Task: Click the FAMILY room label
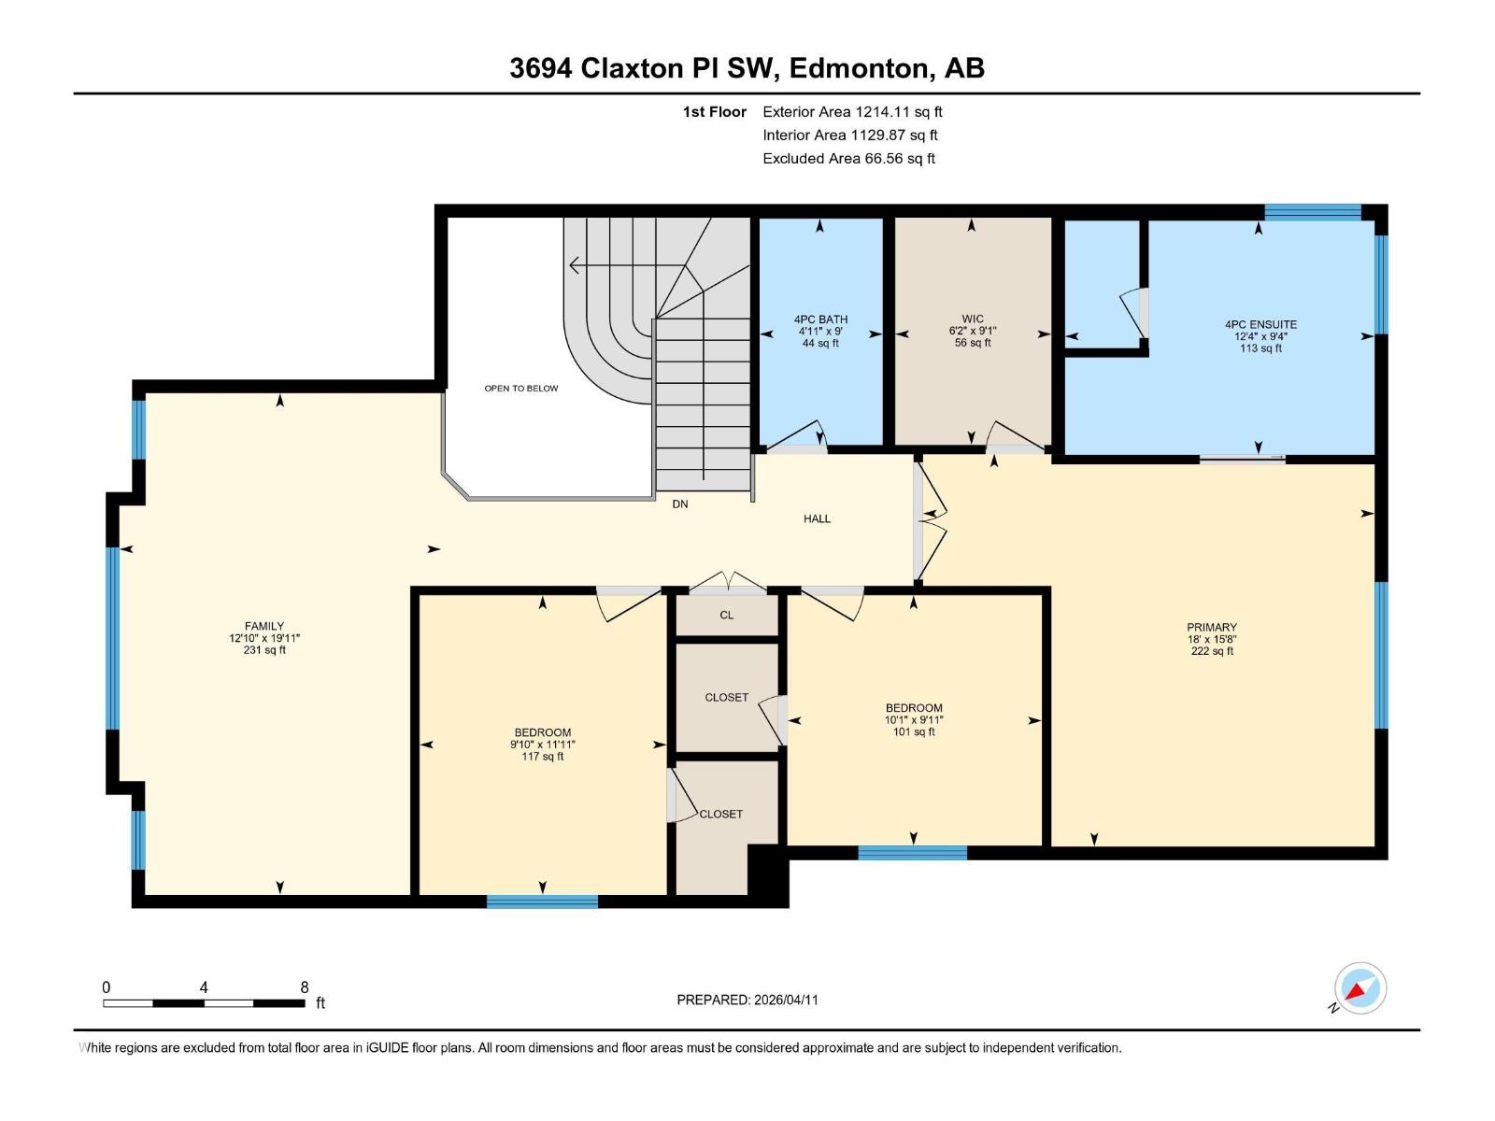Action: [x=264, y=627]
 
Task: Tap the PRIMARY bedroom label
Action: [x=1212, y=628]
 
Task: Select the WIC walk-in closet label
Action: [x=973, y=319]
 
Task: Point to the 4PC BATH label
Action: [x=820, y=319]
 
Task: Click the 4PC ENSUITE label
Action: [x=1260, y=325]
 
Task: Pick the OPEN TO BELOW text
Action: [x=520, y=389]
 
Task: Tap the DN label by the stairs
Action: [x=680, y=504]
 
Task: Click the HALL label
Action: [x=817, y=518]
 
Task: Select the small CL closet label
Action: [x=727, y=615]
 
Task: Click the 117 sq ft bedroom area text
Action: [x=543, y=757]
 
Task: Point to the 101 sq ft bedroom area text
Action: [x=914, y=731]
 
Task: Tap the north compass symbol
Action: [x=1360, y=988]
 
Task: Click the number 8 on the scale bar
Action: [x=305, y=987]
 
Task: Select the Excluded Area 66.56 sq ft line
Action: [x=848, y=159]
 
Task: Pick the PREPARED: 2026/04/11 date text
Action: [x=747, y=1000]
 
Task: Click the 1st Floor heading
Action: [x=715, y=112]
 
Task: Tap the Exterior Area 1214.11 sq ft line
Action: [x=852, y=112]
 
